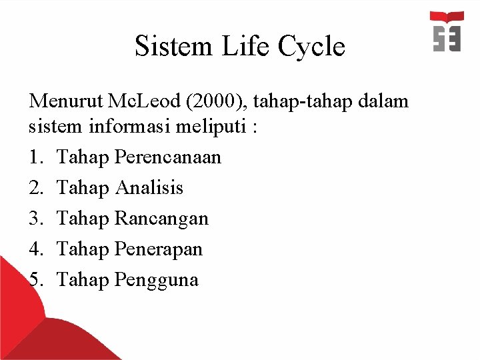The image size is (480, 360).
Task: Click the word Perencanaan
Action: [x=168, y=157]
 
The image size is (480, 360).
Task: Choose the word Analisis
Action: [x=149, y=188]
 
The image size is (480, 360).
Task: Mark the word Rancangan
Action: [x=162, y=219]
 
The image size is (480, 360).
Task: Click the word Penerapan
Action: [x=159, y=249]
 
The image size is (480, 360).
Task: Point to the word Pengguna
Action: [x=157, y=280]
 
